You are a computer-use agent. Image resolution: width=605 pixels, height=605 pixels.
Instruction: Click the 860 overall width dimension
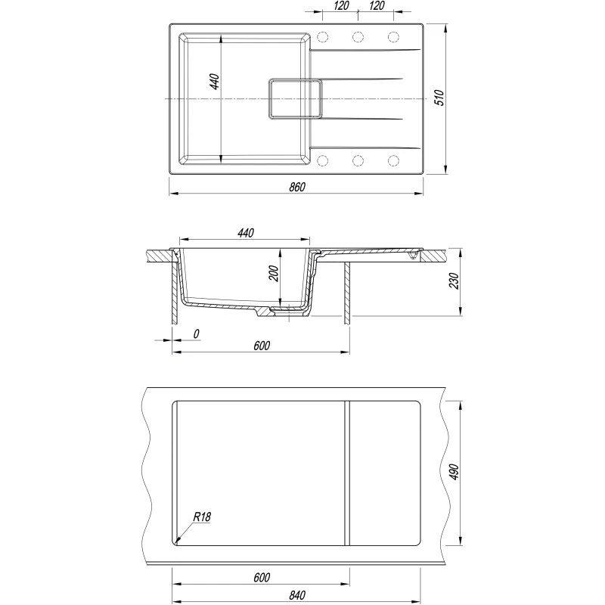(297, 187)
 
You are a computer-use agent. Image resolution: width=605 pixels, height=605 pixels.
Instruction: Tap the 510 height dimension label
(439, 98)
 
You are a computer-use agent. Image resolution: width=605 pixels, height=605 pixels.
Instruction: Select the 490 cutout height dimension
(455, 472)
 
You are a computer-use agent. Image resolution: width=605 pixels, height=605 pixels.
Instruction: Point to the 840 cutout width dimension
(297, 595)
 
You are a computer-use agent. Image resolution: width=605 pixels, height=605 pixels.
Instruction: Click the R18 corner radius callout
(202, 517)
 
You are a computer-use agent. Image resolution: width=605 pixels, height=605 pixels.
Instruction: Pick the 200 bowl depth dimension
(274, 274)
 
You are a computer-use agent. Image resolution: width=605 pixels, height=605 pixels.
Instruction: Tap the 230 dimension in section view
(455, 281)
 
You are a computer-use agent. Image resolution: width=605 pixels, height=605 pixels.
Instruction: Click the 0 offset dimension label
(196, 334)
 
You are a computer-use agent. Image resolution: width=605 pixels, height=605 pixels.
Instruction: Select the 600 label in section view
(262, 346)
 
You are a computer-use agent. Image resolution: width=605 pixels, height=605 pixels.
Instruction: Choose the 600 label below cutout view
(262, 578)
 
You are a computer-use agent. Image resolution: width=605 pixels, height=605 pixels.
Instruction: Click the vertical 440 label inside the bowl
(215, 82)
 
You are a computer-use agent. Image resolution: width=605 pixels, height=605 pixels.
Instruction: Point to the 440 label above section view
(246, 233)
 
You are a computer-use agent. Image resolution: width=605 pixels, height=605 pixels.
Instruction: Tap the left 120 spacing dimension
(341, 5)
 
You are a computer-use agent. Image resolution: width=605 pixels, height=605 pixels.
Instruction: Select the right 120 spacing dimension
(376, 5)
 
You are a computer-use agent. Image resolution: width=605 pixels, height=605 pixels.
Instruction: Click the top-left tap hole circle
(323, 37)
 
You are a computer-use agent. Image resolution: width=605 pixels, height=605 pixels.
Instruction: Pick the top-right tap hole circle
(393, 37)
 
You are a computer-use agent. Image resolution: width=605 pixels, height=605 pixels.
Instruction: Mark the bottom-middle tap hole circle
(358, 160)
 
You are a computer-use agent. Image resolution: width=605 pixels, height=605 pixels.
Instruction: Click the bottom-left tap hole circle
(323, 160)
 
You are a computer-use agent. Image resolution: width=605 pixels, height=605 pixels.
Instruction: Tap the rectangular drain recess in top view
(295, 99)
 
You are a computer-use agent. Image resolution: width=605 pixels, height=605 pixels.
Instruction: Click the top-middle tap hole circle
(358, 37)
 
